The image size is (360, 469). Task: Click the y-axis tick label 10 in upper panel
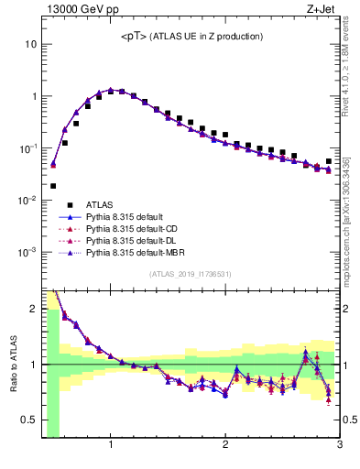29,44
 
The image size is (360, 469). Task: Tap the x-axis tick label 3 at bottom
339,446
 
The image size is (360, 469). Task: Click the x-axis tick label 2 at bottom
225,446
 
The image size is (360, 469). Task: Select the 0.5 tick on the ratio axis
27,421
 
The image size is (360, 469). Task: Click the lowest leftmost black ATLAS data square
53,186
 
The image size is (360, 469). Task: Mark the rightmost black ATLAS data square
329,161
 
